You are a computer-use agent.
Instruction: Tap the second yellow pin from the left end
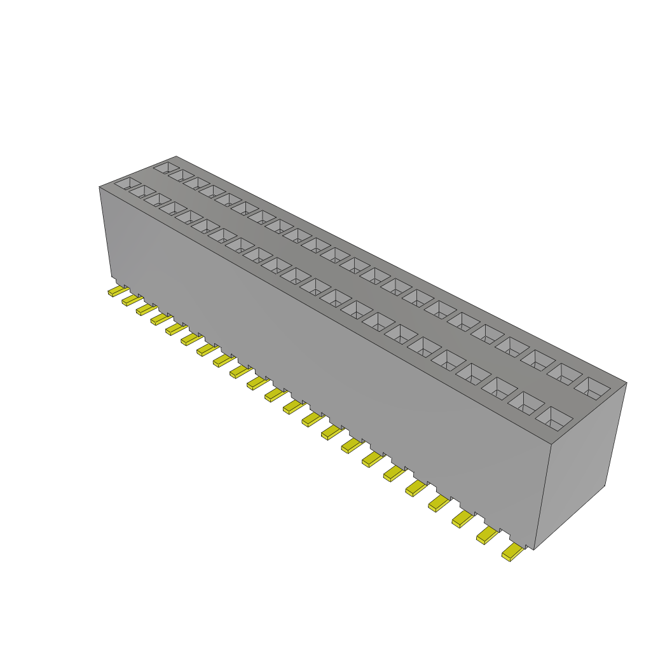(x=132, y=299)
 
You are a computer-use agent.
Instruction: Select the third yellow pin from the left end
(x=146, y=310)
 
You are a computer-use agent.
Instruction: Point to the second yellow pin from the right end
(x=487, y=537)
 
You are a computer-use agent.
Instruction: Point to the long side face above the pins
(x=318, y=356)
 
